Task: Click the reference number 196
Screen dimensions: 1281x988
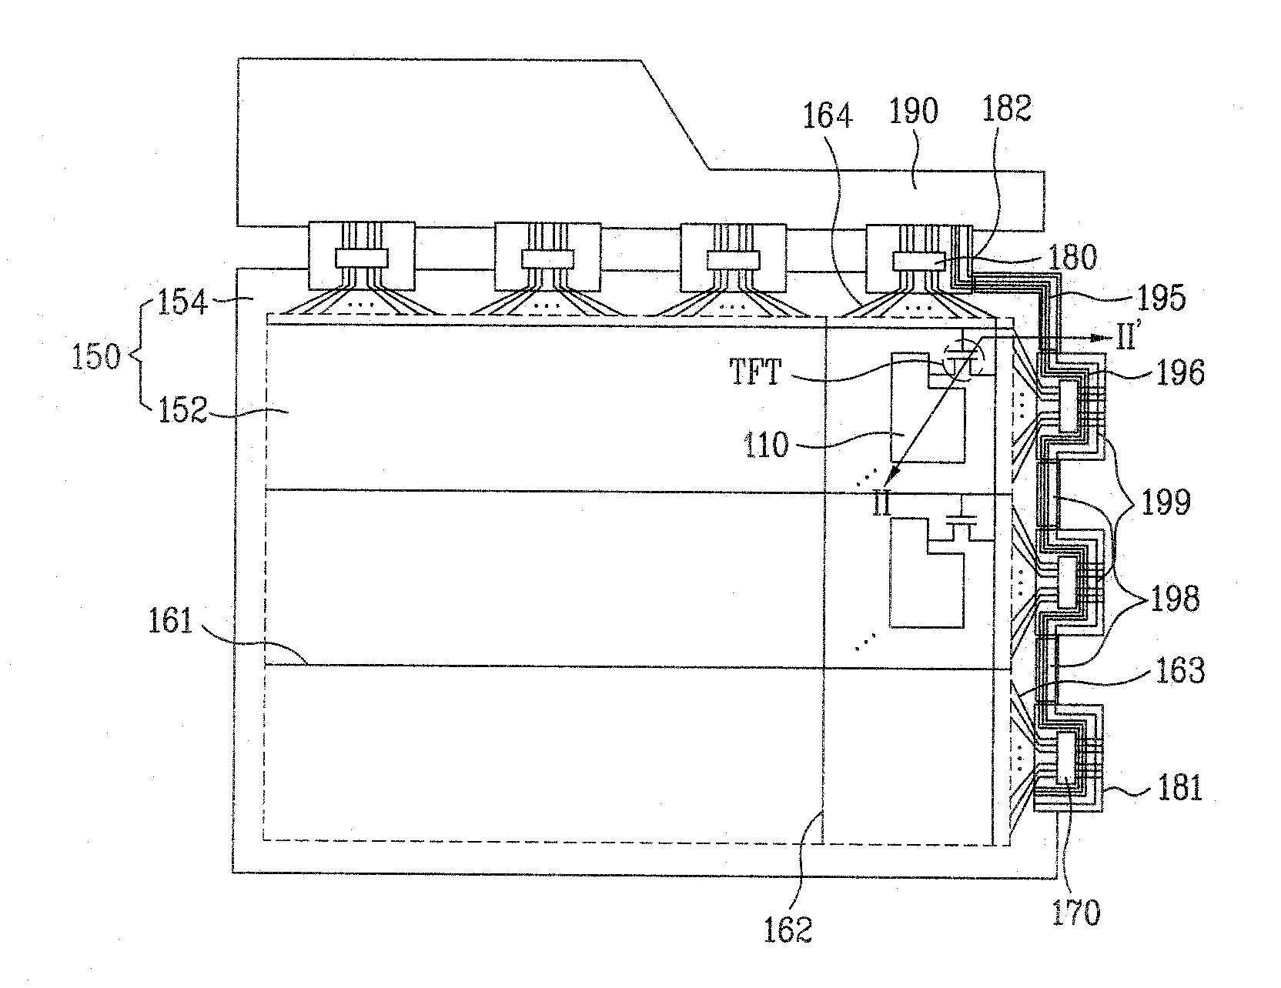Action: point(1179,372)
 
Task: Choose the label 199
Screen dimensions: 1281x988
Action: point(1166,502)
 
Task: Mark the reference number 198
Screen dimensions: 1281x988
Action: point(1174,598)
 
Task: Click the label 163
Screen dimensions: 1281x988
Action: point(1179,670)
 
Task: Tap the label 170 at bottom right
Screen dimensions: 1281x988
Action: point(1075,913)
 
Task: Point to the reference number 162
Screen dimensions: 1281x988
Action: point(789,930)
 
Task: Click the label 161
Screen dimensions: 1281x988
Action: point(171,621)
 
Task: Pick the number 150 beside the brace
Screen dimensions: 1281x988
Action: point(96,358)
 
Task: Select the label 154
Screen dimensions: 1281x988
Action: point(183,302)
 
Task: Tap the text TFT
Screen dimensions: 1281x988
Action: point(755,373)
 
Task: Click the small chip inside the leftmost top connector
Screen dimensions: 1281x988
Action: point(361,258)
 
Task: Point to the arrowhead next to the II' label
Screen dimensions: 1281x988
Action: point(1100,337)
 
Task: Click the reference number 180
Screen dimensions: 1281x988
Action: point(1073,258)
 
